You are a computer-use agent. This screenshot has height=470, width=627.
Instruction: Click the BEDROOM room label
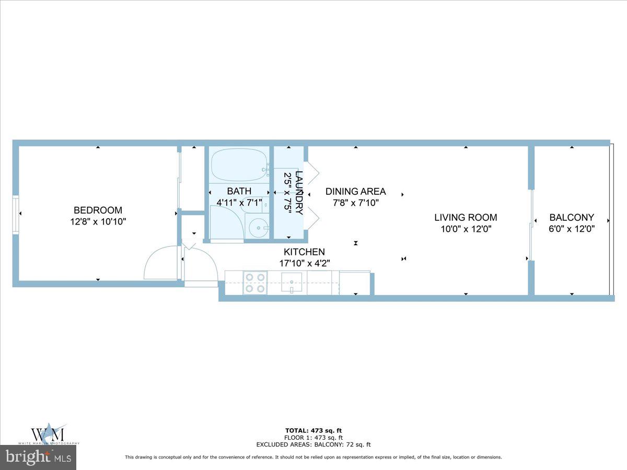[x=98, y=210]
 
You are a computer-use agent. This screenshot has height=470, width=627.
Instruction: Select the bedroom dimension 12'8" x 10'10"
[x=98, y=221]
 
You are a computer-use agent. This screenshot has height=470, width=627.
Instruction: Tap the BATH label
[x=239, y=191]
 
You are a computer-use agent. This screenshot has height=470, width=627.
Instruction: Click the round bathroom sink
[x=257, y=228]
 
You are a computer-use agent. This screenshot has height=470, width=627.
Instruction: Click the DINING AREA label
[x=355, y=191]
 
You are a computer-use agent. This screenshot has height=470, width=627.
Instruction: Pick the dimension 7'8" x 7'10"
[x=355, y=203]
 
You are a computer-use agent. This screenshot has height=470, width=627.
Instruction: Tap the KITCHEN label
[x=304, y=252]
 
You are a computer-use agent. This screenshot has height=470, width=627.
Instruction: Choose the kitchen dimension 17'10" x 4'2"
[x=304, y=263]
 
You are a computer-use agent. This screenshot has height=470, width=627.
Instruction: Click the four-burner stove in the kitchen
[x=254, y=283]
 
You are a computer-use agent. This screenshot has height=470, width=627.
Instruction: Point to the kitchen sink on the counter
[x=292, y=283]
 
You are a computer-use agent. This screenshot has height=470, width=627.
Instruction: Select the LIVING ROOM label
[x=466, y=217]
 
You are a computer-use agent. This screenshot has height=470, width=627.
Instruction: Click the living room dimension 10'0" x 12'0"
[x=466, y=229]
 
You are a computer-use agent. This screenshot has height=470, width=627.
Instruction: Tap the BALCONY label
[x=572, y=217]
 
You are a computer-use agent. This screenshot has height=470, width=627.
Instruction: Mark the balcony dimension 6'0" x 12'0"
[x=572, y=229]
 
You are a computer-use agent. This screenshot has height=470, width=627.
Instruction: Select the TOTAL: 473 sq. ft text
[x=313, y=431]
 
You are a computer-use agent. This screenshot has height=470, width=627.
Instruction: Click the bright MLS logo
[x=38, y=457]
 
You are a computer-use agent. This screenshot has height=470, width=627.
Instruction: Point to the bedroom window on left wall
[x=16, y=214]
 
